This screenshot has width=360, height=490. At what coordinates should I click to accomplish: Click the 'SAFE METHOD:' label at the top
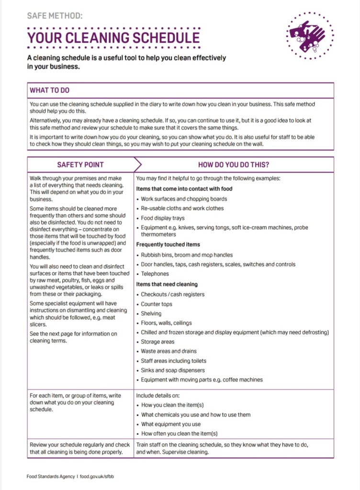point(55,16)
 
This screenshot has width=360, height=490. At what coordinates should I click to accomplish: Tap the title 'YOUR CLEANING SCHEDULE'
point(113,37)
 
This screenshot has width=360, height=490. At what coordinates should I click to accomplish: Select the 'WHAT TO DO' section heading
point(50,90)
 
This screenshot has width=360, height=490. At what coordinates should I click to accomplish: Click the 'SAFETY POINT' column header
point(80,165)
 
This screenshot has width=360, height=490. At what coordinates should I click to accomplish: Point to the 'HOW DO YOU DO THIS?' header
point(233,165)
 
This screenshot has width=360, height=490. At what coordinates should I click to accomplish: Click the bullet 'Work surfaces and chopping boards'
point(184,199)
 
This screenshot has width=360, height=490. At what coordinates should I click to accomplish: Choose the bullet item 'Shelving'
point(151,313)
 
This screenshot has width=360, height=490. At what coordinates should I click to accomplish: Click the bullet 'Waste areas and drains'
point(169,351)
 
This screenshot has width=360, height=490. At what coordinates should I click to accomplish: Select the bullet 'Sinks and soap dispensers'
point(172,370)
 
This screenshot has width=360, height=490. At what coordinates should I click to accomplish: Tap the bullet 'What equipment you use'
point(171,424)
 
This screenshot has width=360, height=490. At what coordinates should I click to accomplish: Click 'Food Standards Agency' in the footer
point(51,476)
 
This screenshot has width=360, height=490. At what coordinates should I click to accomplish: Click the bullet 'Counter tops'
point(157,304)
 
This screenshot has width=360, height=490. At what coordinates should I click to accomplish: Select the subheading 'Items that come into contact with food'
point(184,189)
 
